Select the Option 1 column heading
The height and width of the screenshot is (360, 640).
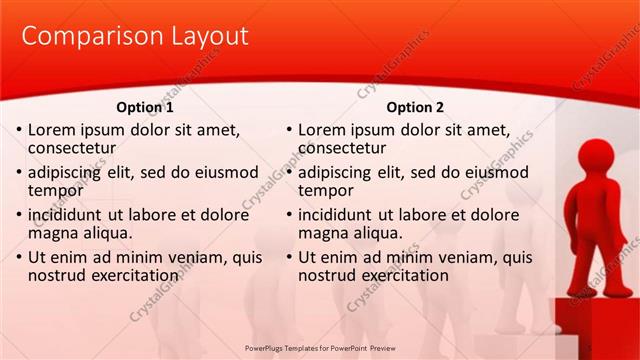(145, 107)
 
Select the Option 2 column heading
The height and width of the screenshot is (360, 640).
(415, 107)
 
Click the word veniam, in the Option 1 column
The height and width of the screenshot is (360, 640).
(191, 257)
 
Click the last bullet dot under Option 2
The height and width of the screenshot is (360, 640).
(289, 258)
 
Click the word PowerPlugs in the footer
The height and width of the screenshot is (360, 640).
(267, 347)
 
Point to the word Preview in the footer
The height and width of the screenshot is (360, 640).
(377, 347)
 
